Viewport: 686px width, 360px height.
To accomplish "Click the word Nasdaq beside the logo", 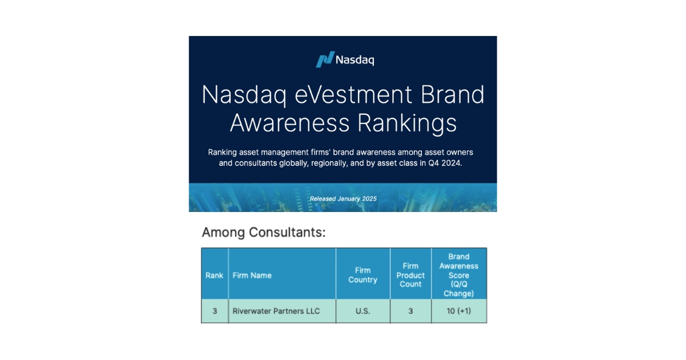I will (355, 59).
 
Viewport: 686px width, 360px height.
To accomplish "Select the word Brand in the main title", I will (452, 95).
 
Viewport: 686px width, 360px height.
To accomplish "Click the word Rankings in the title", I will (407, 123).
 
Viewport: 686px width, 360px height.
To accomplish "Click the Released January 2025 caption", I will (343, 199).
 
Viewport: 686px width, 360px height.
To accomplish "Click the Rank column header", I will (214, 275).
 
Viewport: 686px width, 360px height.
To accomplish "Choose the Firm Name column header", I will (252, 275).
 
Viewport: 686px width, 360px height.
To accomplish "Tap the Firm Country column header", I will (362, 275).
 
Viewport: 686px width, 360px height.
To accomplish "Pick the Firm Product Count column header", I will (410, 275).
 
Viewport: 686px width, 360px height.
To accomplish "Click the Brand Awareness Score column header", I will (458, 275).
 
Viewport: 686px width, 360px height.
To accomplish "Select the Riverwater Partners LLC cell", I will (276, 311).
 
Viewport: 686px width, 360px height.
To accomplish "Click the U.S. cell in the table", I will (362, 311).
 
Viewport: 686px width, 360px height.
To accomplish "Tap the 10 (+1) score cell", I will (458, 311).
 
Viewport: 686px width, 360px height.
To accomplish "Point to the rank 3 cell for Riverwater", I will (215, 311).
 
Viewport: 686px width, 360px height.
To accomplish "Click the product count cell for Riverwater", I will (410, 311).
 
